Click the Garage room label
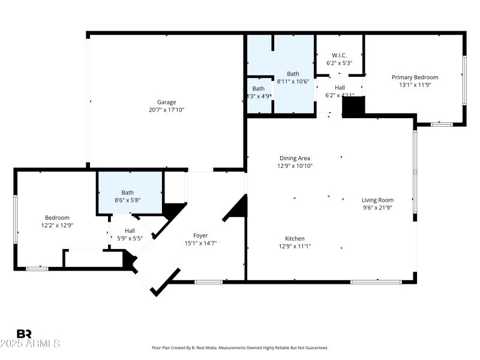[x=167, y=102]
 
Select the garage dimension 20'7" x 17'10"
[x=167, y=110]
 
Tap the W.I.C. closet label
[x=339, y=55]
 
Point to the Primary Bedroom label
[x=415, y=77]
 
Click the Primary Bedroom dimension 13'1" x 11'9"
[x=415, y=85]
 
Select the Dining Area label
[x=295, y=158]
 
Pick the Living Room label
[x=377, y=200]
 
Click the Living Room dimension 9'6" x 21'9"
[x=377, y=208]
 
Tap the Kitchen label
[x=295, y=238]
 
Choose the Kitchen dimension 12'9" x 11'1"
[x=295, y=246]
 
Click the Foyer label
[x=200, y=235]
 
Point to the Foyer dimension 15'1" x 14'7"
[x=200, y=243]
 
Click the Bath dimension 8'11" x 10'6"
[x=292, y=82]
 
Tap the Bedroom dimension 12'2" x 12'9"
[x=58, y=226]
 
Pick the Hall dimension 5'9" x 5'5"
[x=130, y=238]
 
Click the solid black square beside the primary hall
[x=353, y=107]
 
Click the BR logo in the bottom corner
[x=24, y=334]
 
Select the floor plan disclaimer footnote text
[x=240, y=347]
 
